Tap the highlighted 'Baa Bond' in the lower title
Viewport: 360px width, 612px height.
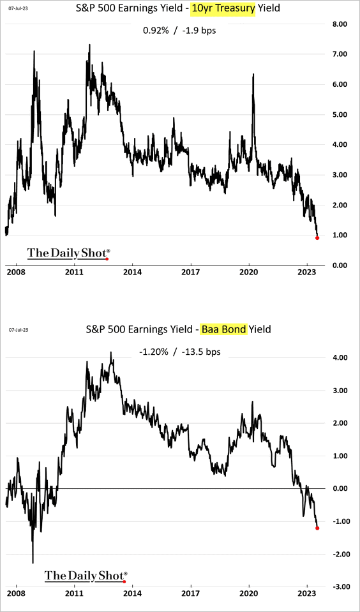[x=223, y=329]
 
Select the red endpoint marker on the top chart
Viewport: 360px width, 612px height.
[x=317, y=237]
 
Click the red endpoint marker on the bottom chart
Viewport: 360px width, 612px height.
[x=317, y=528]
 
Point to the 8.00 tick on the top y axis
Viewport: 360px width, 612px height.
[x=338, y=24]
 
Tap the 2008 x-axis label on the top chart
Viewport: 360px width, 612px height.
[x=17, y=271]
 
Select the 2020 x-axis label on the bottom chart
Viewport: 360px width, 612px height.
[x=249, y=593]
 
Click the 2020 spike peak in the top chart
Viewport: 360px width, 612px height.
[x=253, y=75]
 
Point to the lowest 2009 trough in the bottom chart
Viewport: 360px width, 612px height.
[x=33, y=563]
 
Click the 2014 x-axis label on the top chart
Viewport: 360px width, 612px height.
[x=132, y=271]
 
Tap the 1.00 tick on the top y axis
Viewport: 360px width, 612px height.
[x=338, y=235]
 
